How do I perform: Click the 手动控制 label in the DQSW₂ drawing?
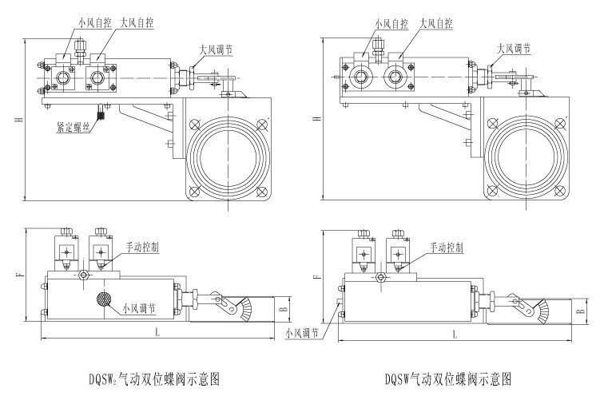[141, 247]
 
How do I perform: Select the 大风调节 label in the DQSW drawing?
[514, 48]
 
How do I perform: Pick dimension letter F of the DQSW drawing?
[319, 277]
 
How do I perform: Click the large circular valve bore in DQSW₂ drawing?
[228, 156]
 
